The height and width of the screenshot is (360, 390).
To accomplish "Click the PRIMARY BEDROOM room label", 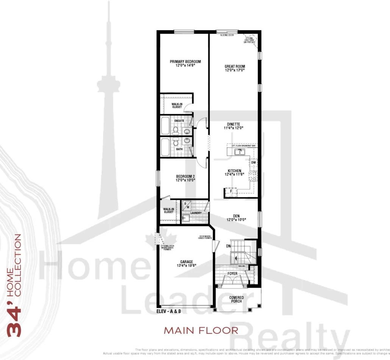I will [x=185, y=62].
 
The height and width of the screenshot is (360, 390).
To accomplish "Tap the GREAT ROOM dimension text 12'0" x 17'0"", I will [x=235, y=70].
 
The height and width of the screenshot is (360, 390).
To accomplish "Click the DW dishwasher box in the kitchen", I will [x=253, y=162].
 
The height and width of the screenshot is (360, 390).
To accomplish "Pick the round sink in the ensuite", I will [x=187, y=131].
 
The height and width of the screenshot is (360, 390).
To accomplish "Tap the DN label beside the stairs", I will [x=228, y=246].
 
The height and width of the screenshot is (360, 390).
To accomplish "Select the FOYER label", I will [x=232, y=273].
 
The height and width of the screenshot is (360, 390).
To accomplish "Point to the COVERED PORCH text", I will [x=237, y=299].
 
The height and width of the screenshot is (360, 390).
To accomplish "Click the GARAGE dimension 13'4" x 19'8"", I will [x=186, y=266].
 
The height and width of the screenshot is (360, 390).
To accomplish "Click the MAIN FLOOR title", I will [x=201, y=330].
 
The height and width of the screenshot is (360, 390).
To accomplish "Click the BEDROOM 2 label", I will [x=185, y=176].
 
